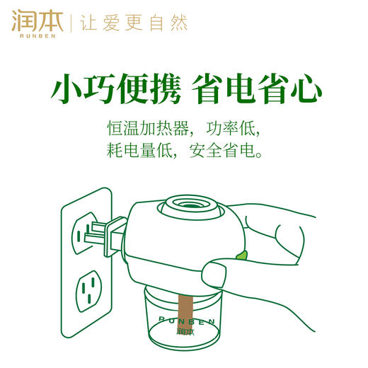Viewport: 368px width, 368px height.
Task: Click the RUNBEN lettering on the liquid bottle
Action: click(185, 321)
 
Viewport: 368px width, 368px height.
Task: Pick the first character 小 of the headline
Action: click(64, 91)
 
